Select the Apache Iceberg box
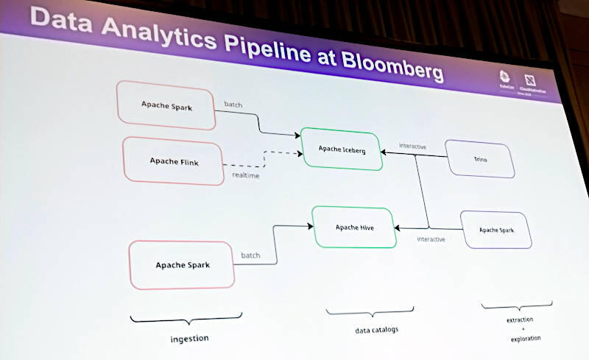pos(341,149)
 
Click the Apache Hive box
pos(354,227)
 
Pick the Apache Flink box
pos(174,160)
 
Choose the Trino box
pos(480,158)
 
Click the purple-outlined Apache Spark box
pos(496,230)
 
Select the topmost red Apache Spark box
pos(166,105)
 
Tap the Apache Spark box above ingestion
pos(182,265)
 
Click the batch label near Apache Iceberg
pos(233,104)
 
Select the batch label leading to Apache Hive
pos(250,255)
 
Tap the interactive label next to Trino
pos(412,146)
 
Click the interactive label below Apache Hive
pos(431,239)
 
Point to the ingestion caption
pos(190,339)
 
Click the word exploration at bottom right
pos(526,339)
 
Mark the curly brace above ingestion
pos(186,319)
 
